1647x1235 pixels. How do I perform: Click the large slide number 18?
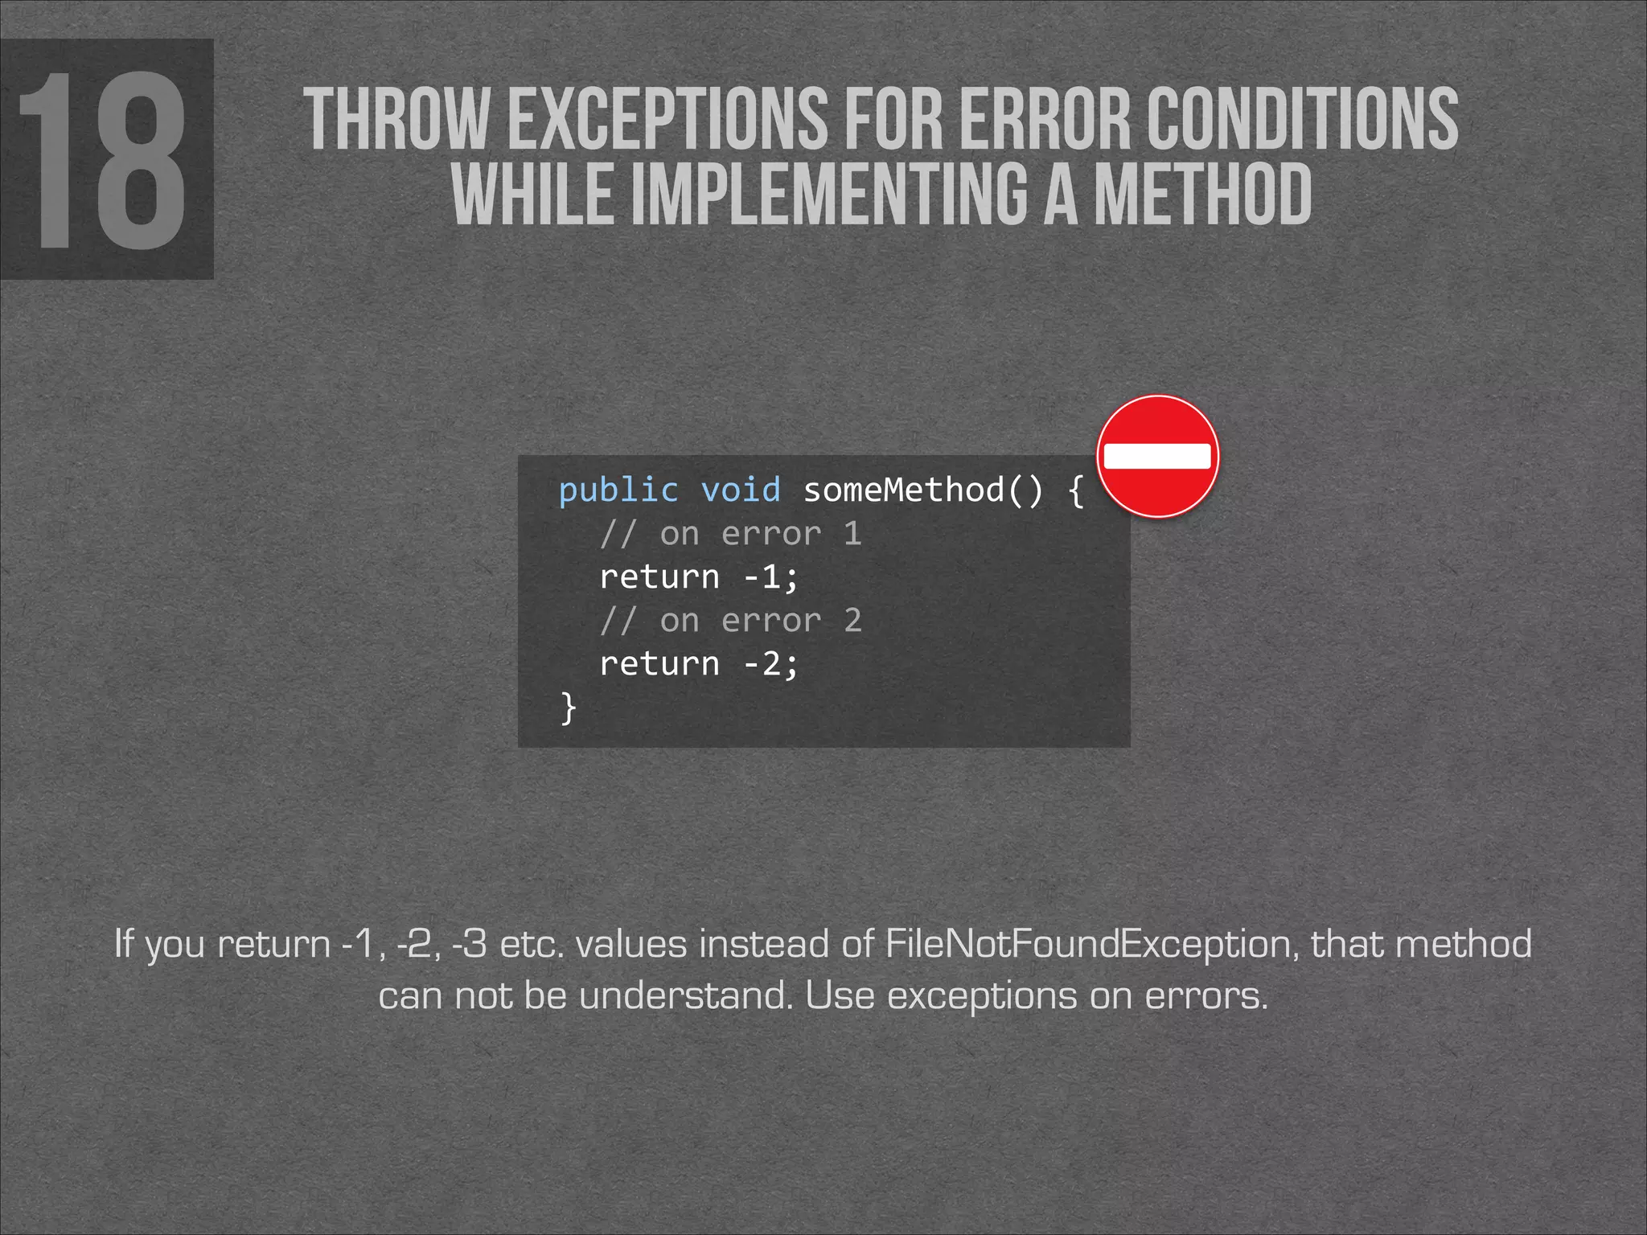pos(103,161)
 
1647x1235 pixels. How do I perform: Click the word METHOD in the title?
pos(1203,195)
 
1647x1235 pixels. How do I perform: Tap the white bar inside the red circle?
pos(1157,456)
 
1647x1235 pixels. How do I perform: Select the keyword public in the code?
pos(618,490)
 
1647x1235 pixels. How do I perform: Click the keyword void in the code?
pos(741,490)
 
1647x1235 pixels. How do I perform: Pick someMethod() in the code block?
pos(922,490)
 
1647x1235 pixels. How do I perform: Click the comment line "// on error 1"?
pos(730,534)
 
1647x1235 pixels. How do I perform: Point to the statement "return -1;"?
pos(699,577)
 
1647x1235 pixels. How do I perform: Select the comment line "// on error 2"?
pos(730,621)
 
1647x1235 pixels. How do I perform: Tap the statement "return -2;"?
pos(699,664)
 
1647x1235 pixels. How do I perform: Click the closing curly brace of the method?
pos(569,708)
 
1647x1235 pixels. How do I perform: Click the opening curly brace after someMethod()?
pos(1075,490)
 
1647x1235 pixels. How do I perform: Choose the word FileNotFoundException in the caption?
pos(1091,944)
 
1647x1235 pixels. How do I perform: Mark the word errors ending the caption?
pos(1205,996)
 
